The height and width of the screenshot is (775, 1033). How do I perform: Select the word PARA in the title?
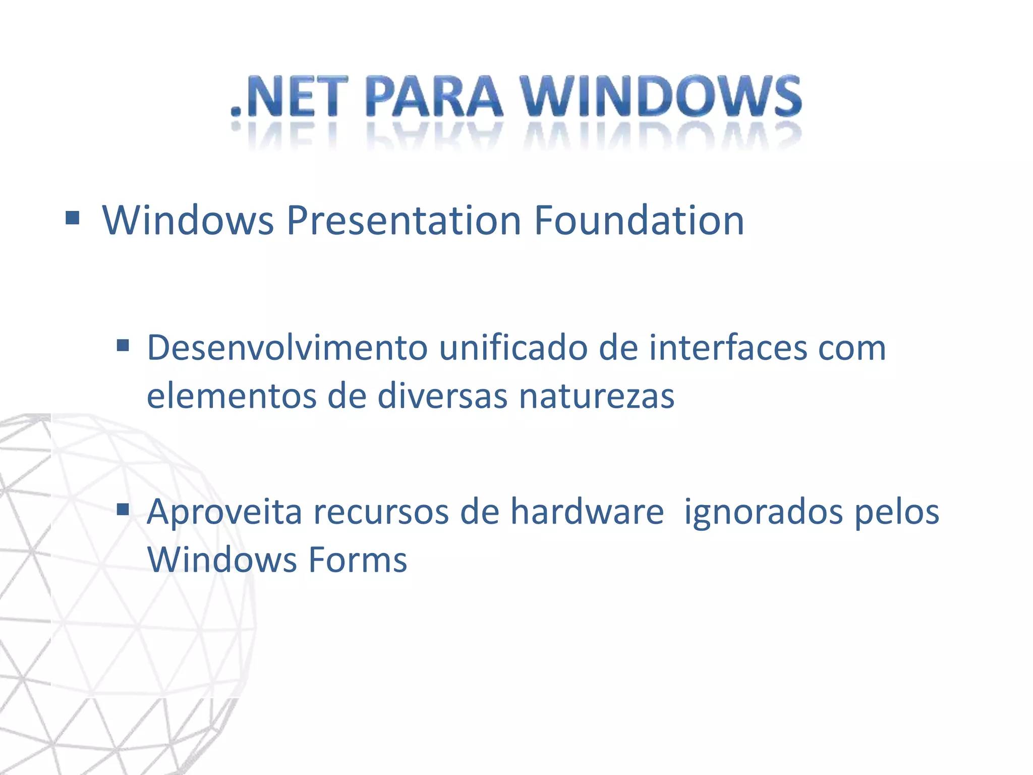point(434,97)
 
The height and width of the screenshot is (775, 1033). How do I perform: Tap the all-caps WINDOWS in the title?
point(661,97)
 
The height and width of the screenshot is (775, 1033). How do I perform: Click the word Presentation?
point(404,221)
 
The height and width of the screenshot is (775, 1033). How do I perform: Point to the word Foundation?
point(639,221)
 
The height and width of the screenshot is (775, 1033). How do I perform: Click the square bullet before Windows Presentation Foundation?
point(73,218)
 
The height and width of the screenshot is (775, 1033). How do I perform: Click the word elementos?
point(232,396)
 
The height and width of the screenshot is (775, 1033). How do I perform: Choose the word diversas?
point(442,396)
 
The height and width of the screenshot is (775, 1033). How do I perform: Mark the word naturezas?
point(597,396)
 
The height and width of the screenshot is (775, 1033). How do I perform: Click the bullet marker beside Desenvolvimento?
point(123,346)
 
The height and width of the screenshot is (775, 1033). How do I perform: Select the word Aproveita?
point(224,512)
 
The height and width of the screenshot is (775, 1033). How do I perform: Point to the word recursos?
point(381,512)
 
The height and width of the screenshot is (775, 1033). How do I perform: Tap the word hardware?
point(587,512)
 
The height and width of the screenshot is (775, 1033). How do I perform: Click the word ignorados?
point(763,512)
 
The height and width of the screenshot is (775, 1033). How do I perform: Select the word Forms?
point(357,560)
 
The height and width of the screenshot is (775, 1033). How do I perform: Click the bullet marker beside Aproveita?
point(123,510)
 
